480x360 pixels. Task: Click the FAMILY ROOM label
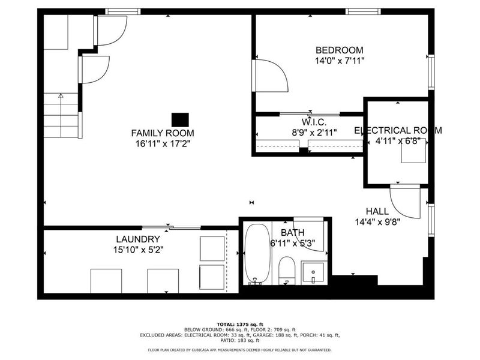pyautogui.click(x=163, y=133)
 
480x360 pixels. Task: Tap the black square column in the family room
pyautogui.click(x=180, y=119)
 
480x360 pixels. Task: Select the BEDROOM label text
pyautogui.click(x=340, y=50)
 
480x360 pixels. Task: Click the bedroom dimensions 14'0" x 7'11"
pyautogui.click(x=340, y=61)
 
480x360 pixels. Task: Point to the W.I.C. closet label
pyautogui.click(x=310, y=122)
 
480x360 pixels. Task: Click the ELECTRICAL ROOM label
pyautogui.click(x=398, y=130)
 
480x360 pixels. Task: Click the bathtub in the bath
pyautogui.click(x=257, y=254)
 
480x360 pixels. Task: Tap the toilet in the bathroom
pyautogui.click(x=287, y=269)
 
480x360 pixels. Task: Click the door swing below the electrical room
pyautogui.click(x=405, y=202)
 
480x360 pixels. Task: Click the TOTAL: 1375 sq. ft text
pyautogui.click(x=239, y=323)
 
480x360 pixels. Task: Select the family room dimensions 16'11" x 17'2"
pyautogui.click(x=163, y=143)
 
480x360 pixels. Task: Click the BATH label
pyautogui.click(x=292, y=233)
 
